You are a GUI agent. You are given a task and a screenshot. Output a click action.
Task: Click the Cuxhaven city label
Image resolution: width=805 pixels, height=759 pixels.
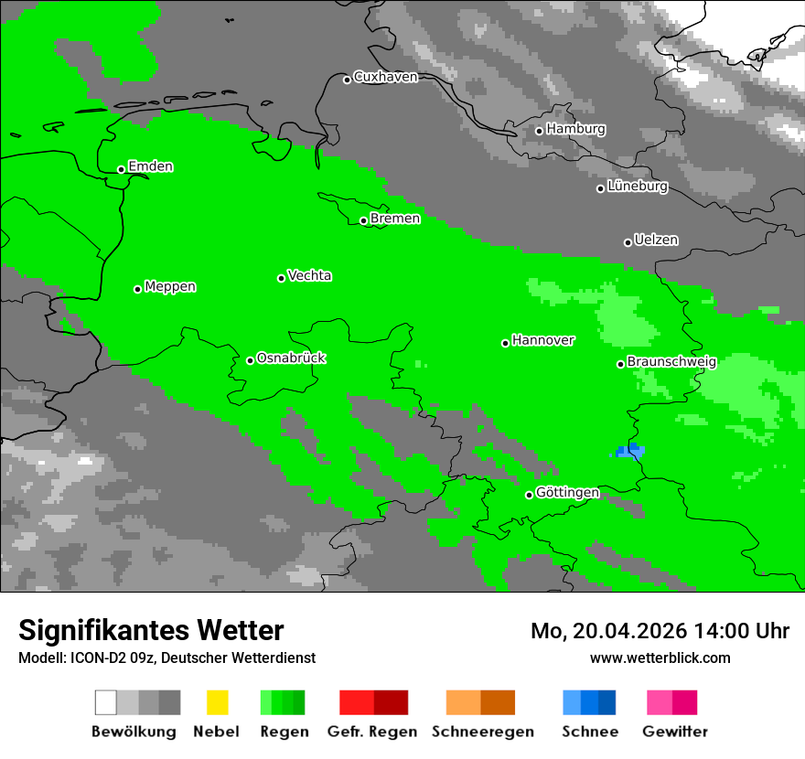point(385,77)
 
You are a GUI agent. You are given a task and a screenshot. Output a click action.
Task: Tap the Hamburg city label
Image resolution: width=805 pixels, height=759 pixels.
point(575,129)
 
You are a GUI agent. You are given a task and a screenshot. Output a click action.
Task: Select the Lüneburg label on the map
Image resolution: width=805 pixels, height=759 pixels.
point(638,187)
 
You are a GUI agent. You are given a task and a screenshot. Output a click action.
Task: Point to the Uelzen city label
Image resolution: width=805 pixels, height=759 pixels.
point(656,240)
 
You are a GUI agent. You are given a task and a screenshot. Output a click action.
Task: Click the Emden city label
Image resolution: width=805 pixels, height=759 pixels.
point(150,166)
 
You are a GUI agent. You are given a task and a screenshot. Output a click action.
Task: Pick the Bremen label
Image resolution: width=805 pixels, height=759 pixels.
point(395,219)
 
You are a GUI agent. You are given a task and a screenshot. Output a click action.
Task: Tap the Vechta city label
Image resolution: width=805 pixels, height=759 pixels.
point(309,275)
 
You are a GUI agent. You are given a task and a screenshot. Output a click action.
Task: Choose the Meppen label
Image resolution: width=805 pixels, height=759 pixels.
point(170,286)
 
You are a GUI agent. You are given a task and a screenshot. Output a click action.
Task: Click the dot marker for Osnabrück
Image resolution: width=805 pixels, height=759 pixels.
point(250,360)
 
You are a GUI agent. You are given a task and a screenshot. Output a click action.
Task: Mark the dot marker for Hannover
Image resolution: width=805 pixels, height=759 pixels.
point(505,343)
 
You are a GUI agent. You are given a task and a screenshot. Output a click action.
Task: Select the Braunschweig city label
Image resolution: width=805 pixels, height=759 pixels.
point(671,361)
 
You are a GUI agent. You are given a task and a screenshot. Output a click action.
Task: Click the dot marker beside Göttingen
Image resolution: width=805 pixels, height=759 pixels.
point(529,495)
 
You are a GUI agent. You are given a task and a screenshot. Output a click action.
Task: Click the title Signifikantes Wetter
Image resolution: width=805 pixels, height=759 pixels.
point(151,630)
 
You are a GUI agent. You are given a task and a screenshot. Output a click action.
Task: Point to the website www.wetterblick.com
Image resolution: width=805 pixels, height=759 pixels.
point(660,657)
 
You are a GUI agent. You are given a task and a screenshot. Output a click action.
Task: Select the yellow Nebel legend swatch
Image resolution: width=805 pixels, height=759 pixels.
point(217,702)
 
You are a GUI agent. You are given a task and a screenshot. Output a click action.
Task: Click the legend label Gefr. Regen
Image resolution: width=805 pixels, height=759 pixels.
point(372,732)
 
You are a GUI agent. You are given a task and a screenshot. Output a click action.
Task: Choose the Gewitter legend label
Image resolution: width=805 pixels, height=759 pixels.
point(674,732)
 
